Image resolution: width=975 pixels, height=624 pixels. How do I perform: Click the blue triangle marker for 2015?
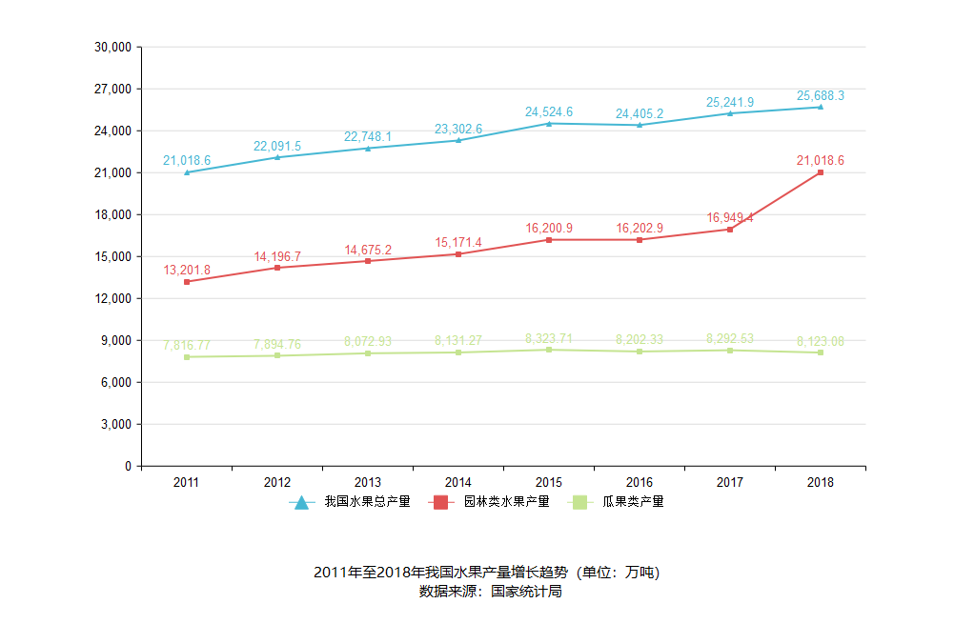click(549, 123)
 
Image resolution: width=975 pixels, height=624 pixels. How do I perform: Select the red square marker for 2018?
click(820, 172)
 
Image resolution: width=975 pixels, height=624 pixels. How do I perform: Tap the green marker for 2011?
click(187, 357)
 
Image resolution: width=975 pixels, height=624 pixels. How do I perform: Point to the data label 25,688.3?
click(820, 96)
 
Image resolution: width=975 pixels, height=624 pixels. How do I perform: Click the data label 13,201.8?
click(187, 271)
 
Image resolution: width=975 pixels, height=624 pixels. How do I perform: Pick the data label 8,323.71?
click(549, 339)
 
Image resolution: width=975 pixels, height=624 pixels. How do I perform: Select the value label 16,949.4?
click(730, 218)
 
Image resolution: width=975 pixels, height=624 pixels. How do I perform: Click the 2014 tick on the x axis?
click(458, 482)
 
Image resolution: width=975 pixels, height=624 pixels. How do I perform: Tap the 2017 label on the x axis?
click(730, 482)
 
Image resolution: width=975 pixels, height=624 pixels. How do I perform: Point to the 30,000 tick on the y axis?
click(112, 47)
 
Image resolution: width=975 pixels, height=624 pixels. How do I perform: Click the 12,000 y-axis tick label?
click(112, 298)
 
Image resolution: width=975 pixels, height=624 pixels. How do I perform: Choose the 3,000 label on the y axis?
click(115, 424)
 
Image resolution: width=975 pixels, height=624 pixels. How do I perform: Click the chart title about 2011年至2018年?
click(486, 573)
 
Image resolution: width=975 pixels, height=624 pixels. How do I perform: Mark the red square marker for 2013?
click(368, 261)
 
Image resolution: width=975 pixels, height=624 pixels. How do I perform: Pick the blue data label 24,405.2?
click(640, 114)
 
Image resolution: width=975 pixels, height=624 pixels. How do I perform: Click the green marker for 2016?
click(640, 352)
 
